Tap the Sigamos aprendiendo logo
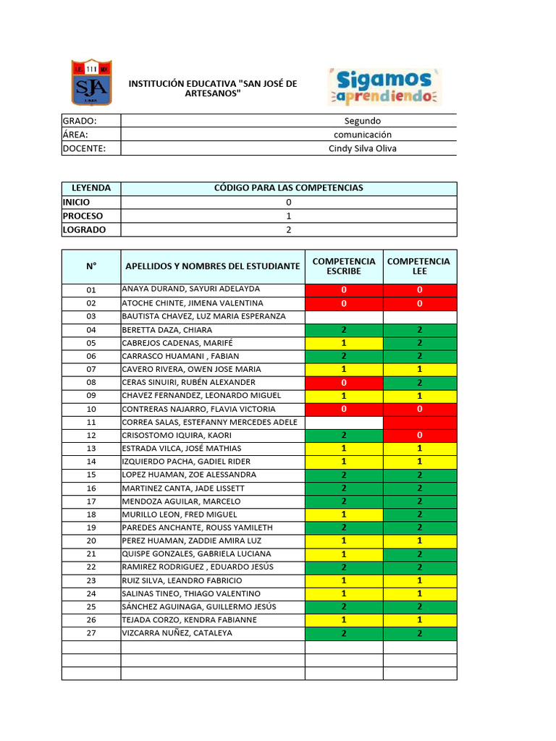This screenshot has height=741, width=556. [385, 87]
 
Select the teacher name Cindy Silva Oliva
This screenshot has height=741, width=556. [362, 148]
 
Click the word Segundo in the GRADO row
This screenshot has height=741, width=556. [362, 121]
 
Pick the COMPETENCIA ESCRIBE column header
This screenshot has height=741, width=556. [344, 266]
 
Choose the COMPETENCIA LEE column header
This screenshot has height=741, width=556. [420, 266]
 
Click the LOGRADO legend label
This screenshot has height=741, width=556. [84, 229]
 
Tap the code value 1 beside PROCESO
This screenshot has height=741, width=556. [289, 216]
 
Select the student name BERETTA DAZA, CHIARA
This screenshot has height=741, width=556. [167, 329]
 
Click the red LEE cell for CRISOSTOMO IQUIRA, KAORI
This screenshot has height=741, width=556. [420, 436]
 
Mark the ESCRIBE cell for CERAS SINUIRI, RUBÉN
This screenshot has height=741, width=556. [344, 382]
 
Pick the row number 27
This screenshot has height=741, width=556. [91, 633]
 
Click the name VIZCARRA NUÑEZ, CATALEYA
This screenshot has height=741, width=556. [177, 633]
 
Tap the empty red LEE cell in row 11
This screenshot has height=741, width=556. [420, 422]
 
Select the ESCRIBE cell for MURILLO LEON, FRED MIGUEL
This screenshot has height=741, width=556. [344, 515]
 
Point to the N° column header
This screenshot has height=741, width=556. [91, 266]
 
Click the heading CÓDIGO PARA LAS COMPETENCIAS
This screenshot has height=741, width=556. [289, 188]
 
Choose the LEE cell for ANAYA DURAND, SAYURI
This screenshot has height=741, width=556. [420, 289]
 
